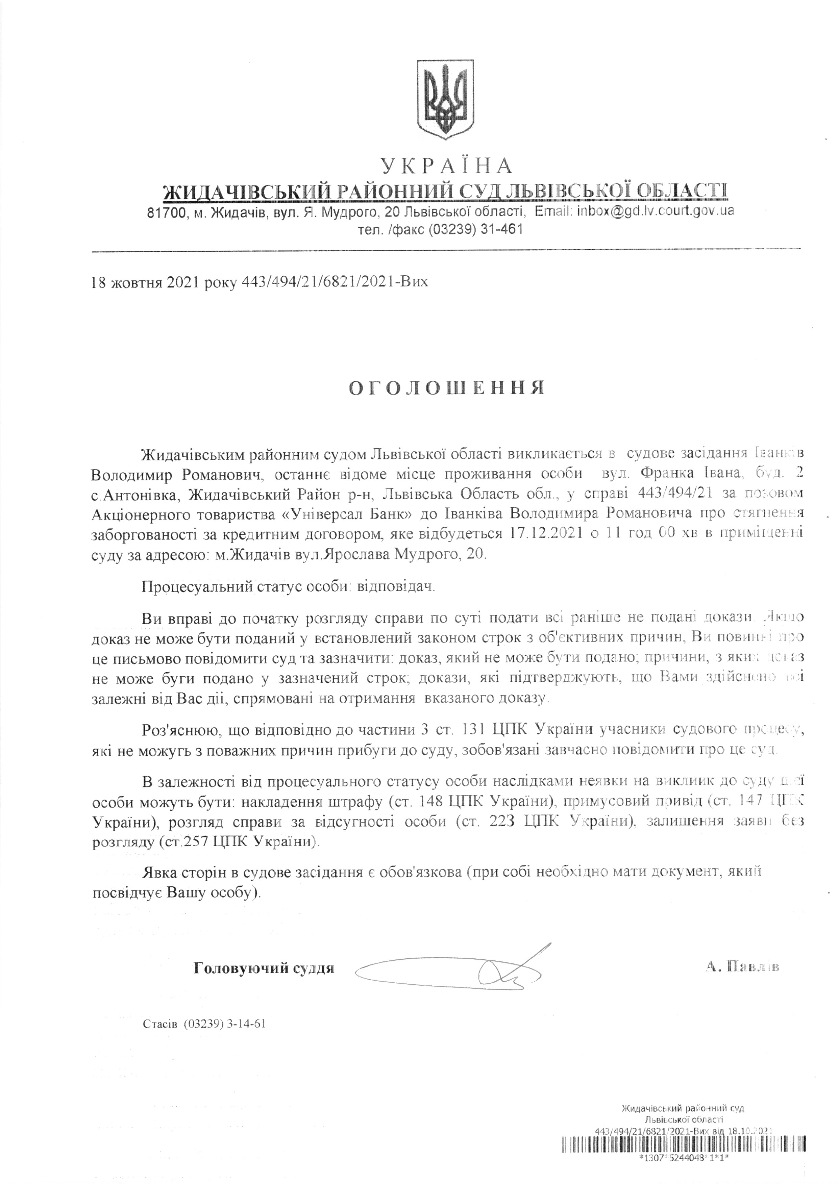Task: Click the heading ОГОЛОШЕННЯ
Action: coord(447,388)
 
